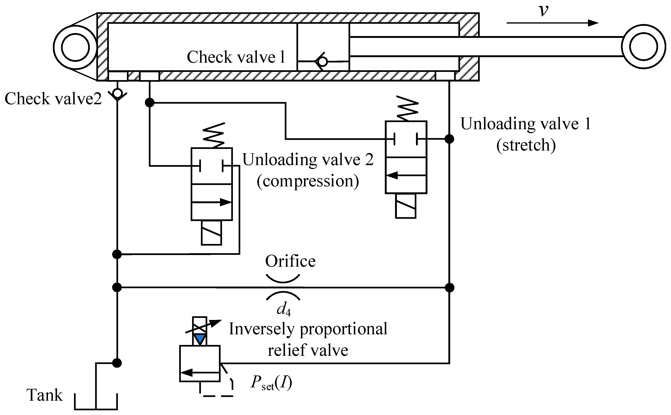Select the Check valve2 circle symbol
coord(117,93)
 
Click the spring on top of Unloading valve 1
coord(408,108)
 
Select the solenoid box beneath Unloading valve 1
coord(406,206)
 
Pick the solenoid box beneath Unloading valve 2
coord(212,233)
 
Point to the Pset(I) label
coord(271,382)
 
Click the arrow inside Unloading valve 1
coord(406,175)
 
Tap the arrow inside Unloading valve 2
coord(212,202)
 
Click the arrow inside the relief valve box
coord(200,372)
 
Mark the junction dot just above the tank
coord(117,363)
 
